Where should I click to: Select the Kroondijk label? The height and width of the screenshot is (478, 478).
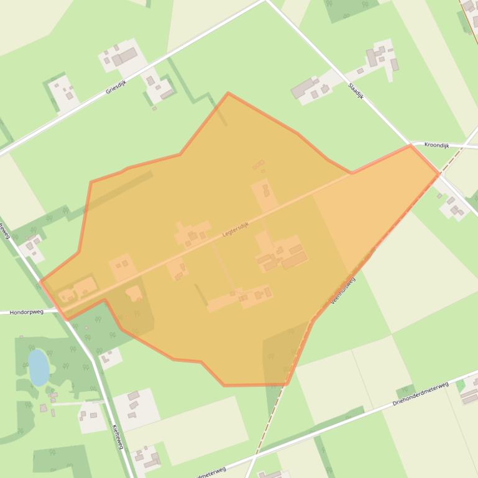[436, 145]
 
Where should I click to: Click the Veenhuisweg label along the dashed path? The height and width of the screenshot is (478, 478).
[342, 291]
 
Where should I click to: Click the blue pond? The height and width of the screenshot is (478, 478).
[38, 367]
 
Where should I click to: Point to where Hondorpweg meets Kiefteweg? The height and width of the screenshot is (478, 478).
[66, 311]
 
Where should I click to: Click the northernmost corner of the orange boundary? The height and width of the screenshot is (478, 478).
[228, 93]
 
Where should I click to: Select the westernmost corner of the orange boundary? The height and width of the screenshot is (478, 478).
[40, 282]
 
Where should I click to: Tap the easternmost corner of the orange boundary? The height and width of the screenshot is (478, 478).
[439, 174]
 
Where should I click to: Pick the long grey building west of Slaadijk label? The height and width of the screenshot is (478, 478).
[304, 87]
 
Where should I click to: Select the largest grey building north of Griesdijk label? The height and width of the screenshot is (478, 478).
[124, 56]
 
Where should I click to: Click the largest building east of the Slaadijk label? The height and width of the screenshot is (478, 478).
[372, 58]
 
